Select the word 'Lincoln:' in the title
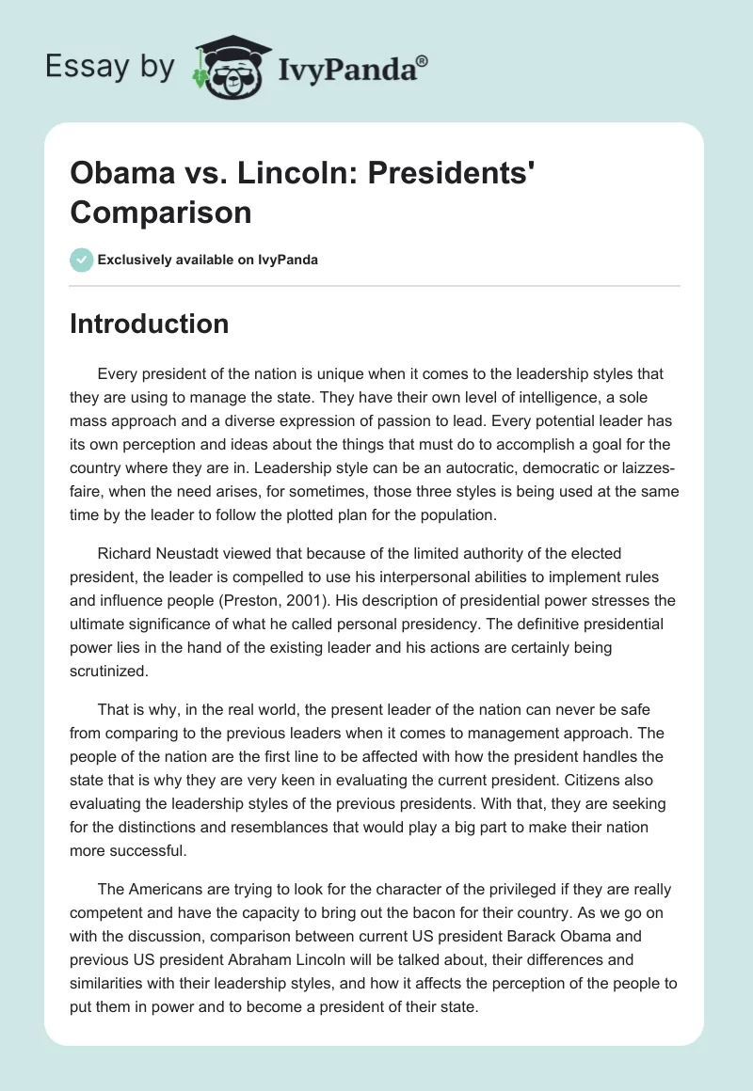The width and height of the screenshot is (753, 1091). pyautogui.click(x=273, y=176)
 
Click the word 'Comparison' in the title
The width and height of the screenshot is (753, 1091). pyautogui.click(x=160, y=213)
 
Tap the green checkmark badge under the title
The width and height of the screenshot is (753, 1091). pyautogui.click(x=81, y=259)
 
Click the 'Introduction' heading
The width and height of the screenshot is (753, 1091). pyautogui.click(x=150, y=324)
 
